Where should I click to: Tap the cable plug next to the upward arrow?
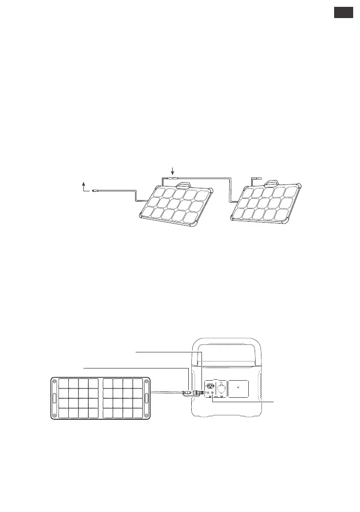coord(96,191)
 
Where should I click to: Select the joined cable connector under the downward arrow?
coord(173,179)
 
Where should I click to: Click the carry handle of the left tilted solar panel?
coord(183,185)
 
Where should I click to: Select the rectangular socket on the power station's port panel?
coord(208,384)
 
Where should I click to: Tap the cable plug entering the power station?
coord(199,392)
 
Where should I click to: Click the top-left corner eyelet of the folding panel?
coord(54,379)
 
